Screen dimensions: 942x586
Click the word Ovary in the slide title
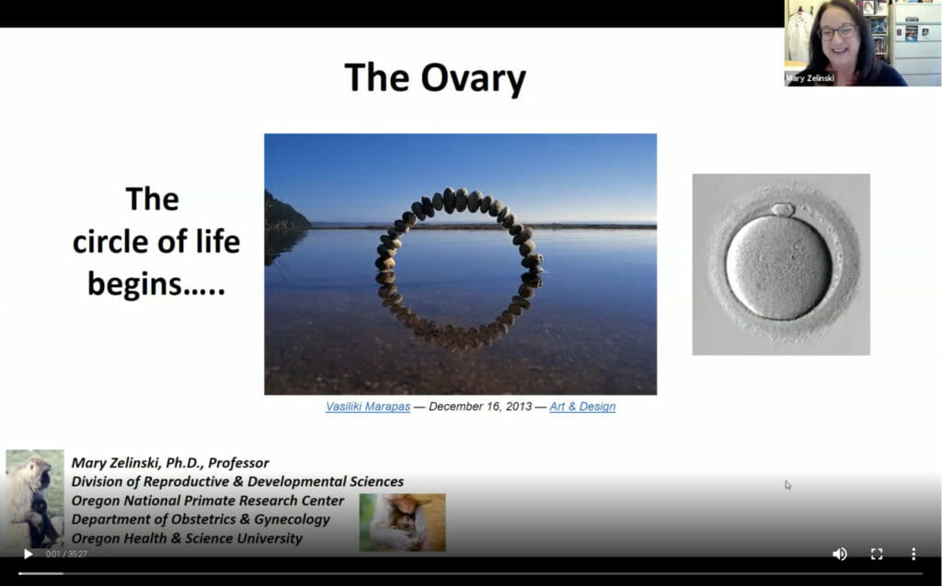(x=473, y=79)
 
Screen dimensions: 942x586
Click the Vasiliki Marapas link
(x=368, y=407)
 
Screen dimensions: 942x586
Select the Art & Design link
(x=582, y=407)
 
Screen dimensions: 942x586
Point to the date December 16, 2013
(x=480, y=407)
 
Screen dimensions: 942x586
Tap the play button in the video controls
(x=28, y=554)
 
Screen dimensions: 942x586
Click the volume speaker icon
(x=839, y=554)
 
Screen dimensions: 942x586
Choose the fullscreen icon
(x=877, y=554)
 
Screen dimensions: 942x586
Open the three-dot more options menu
(x=913, y=554)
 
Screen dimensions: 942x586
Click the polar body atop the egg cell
(x=783, y=210)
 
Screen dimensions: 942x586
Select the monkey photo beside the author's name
(x=35, y=499)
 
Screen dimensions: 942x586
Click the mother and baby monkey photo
(x=403, y=523)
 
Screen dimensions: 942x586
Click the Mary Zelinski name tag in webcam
(x=810, y=78)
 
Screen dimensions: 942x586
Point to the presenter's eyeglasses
(x=839, y=32)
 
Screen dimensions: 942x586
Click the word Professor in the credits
(x=238, y=463)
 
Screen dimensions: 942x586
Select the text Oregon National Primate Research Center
(x=208, y=500)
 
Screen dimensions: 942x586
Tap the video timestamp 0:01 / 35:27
(x=66, y=554)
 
